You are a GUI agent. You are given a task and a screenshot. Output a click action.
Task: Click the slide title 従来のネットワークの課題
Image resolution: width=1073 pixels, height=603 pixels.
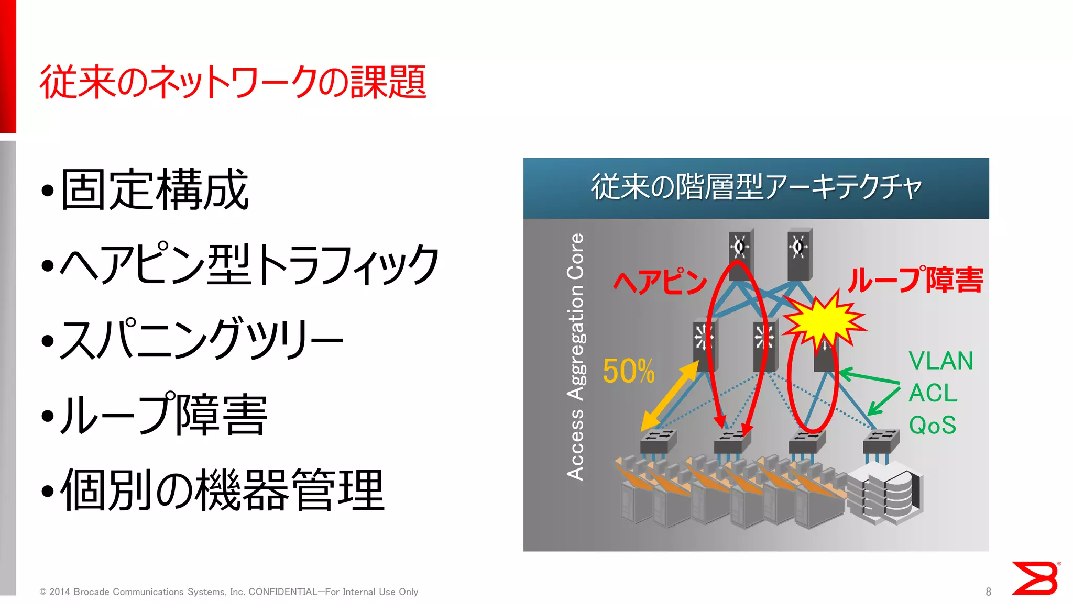(233, 82)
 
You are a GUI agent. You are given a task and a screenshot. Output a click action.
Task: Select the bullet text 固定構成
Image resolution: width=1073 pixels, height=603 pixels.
(155, 189)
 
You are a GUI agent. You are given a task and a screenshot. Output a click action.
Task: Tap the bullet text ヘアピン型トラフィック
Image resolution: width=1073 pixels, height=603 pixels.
(249, 265)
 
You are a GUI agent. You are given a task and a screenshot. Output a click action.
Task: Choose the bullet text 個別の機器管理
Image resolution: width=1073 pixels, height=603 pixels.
(223, 490)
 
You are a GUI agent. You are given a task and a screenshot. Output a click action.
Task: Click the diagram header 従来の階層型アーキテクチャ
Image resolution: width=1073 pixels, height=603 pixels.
(756, 187)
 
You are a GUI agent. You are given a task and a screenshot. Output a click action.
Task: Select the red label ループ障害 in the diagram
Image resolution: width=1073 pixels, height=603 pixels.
(916, 280)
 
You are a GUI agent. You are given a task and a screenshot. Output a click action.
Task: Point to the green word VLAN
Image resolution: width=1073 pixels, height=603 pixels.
(940, 361)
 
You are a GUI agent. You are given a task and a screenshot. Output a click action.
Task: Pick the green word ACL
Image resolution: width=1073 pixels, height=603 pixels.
(933, 393)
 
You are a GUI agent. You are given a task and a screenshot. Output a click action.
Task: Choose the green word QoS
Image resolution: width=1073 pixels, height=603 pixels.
(933, 425)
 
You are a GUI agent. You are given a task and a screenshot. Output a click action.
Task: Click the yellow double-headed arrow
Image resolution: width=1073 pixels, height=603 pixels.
(670, 396)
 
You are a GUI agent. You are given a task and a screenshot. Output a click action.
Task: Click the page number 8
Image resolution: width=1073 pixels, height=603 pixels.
(988, 591)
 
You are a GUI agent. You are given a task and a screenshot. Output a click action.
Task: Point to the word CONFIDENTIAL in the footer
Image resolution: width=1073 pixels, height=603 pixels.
(283, 591)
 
